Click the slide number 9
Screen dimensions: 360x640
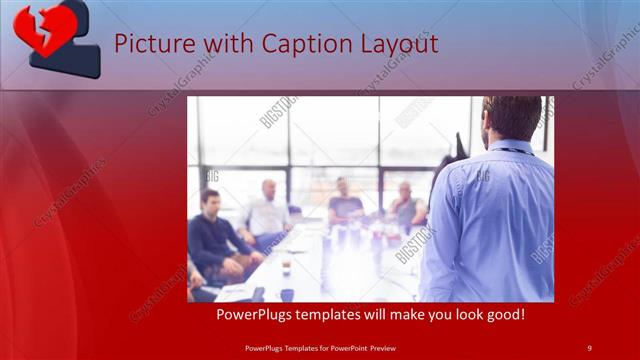tap(589, 347)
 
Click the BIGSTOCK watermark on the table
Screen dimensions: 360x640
tap(412, 245)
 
